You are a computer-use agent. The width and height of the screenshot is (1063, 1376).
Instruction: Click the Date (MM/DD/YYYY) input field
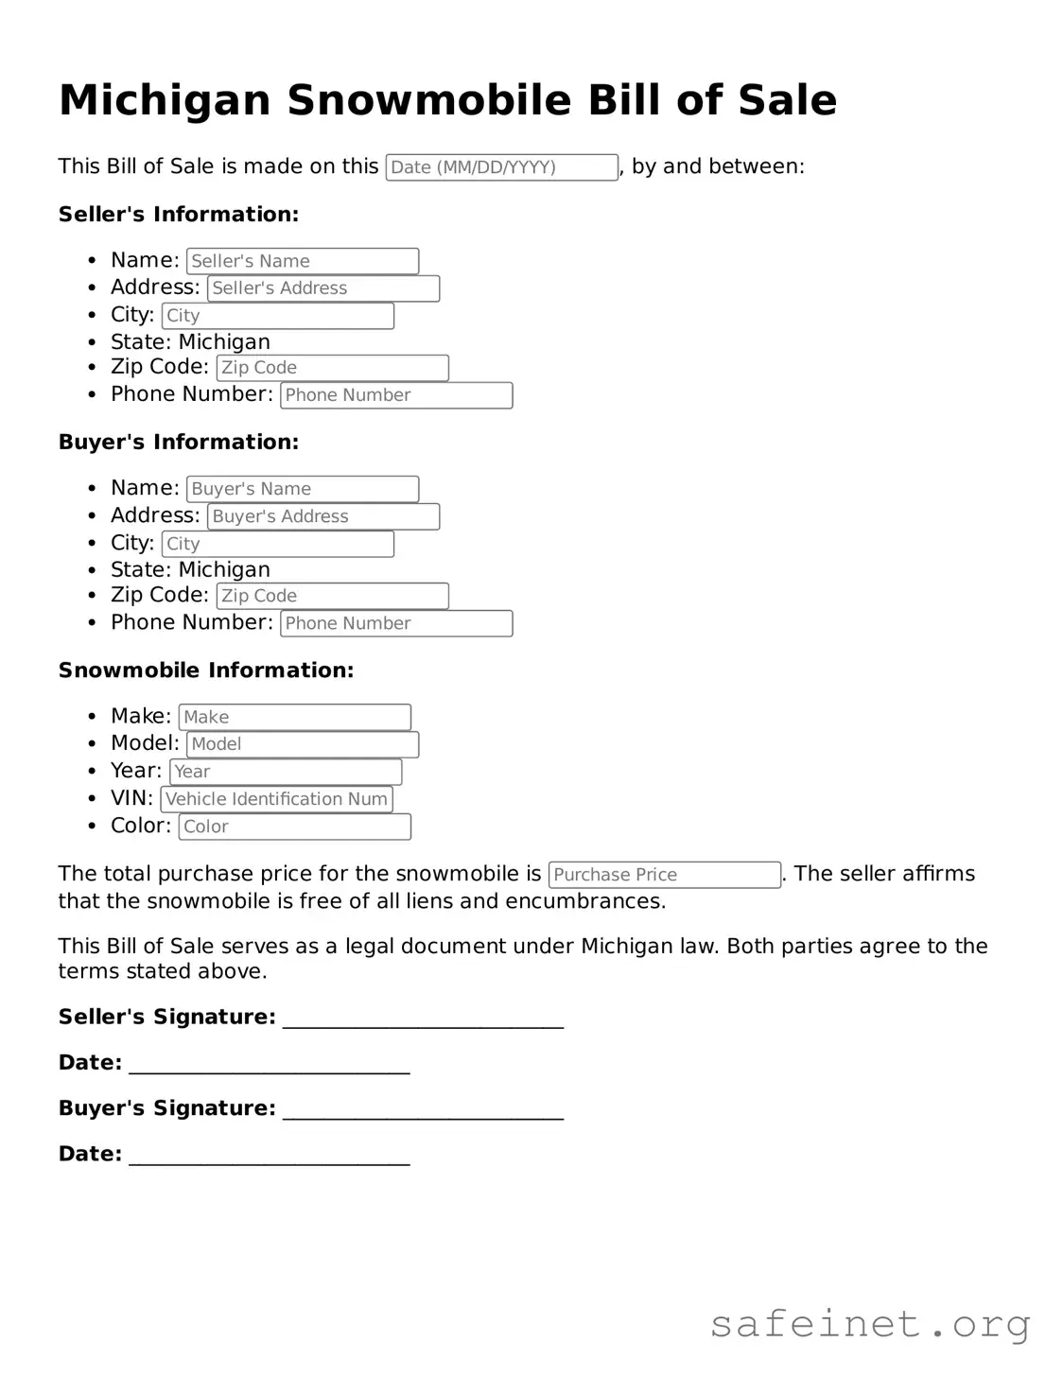501,167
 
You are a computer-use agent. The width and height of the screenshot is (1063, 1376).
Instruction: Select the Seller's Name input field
303,261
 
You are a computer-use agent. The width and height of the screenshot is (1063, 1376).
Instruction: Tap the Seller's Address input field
323,288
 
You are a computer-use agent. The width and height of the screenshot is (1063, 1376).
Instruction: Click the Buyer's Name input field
303,489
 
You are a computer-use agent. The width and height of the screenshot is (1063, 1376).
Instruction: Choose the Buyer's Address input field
323,516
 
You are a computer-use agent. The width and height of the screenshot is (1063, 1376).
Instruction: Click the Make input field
295,717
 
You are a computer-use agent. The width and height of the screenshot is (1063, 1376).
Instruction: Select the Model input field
303,744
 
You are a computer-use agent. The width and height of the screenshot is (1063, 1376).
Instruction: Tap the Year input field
286,772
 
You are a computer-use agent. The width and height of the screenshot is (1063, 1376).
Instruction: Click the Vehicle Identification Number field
276,799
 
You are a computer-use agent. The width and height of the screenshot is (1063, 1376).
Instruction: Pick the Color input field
295,827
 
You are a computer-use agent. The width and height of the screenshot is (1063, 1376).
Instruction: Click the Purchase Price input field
665,875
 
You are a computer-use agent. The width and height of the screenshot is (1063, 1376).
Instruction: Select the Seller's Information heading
179,215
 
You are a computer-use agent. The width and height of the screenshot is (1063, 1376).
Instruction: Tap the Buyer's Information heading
179,443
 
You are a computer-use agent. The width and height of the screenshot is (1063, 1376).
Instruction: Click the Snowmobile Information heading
206,671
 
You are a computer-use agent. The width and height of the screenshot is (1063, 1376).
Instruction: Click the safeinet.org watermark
870,1324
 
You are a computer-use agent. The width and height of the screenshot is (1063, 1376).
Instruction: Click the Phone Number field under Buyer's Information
396,624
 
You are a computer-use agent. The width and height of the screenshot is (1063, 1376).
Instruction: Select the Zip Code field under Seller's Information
332,368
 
